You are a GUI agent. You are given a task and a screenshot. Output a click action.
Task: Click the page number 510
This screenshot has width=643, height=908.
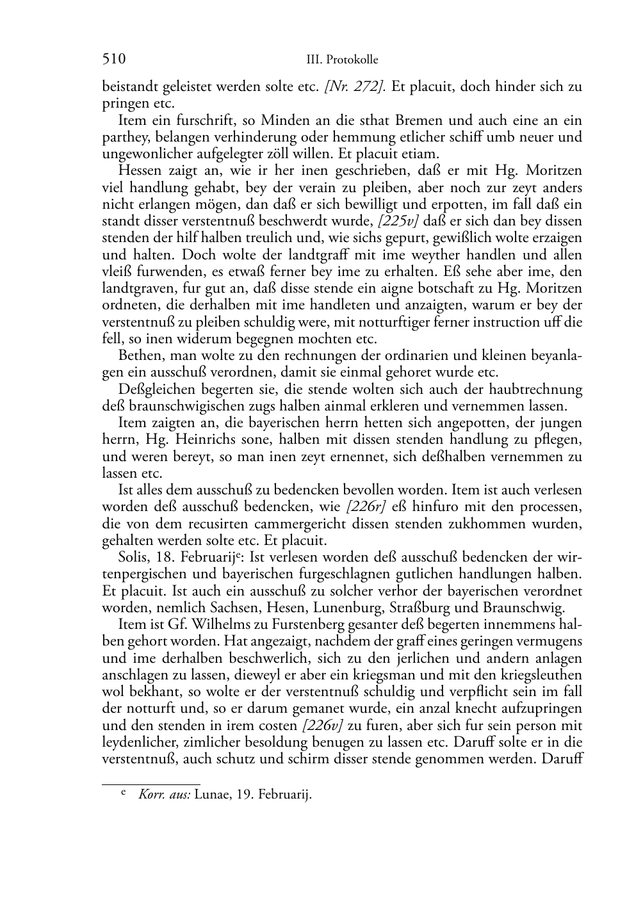[x=113, y=60]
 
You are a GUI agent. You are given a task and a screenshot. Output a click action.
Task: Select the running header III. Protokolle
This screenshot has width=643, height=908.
[x=342, y=60]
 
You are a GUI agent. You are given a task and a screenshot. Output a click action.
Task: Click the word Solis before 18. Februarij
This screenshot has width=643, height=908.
[x=133, y=557]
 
